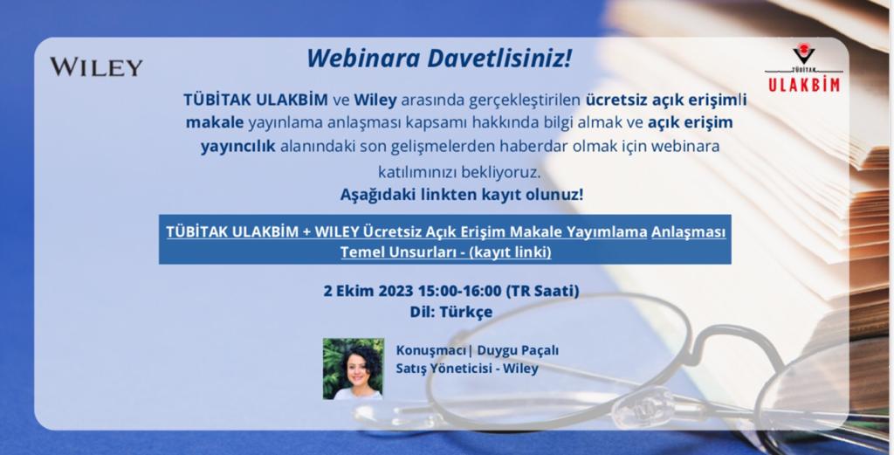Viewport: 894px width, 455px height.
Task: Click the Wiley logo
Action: (96, 66)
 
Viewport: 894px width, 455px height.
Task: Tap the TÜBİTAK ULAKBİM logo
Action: (803, 69)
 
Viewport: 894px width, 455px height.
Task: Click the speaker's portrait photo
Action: (353, 369)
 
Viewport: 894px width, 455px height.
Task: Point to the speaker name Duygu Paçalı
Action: (518, 351)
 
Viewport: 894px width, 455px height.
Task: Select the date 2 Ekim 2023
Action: (368, 291)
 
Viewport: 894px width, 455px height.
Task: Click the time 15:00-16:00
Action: (459, 291)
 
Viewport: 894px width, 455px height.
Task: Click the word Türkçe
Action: (466, 312)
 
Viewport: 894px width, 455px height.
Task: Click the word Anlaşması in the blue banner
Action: (689, 232)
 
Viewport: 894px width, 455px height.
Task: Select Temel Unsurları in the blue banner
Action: (395, 252)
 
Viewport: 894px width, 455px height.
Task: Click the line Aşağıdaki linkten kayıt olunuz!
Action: (462, 195)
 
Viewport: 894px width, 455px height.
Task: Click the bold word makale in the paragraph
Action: (215, 122)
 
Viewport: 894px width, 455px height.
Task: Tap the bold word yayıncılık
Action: (237, 147)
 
